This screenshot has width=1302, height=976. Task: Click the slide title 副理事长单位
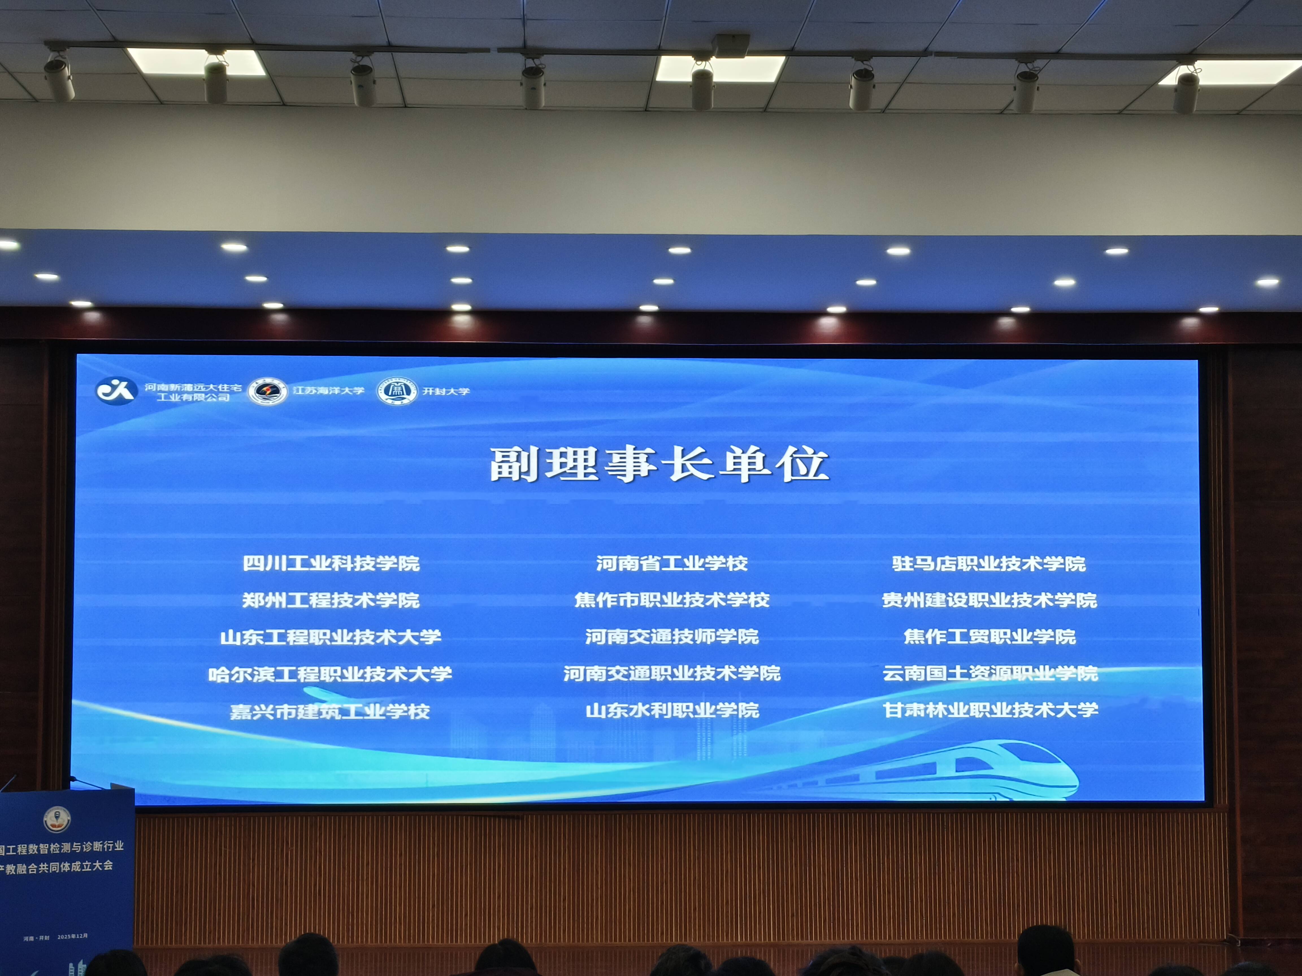(x=659, y=464)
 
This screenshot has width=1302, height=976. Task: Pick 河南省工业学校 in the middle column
(x=672, y=563)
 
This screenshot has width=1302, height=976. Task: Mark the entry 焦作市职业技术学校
(x=672, y=600)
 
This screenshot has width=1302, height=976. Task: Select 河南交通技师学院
(x=672, y=636)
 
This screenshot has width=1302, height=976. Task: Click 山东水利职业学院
(x=672, y=710)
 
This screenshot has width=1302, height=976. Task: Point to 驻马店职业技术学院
(x=989, y=563)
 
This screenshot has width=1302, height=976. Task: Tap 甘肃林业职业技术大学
(x=990, y=709)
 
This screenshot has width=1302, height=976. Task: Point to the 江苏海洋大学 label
(x=328, y=390)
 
